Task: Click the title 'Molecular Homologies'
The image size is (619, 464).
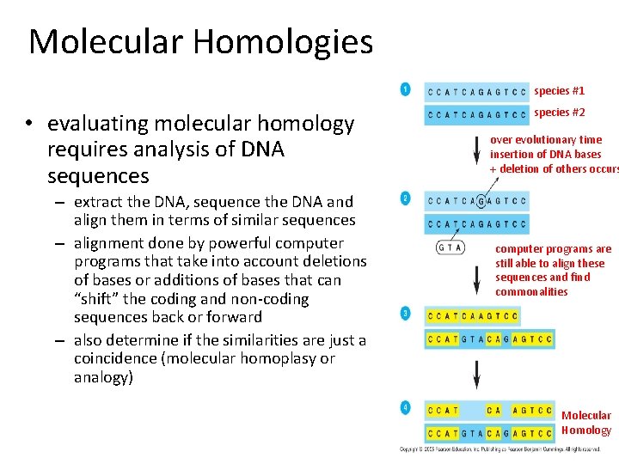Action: tap(200, 41)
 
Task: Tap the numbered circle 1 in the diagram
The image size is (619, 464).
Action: tap(405, 89)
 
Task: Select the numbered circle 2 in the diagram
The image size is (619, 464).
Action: tap(405, 198)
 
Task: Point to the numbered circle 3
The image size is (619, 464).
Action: tap(405, 312)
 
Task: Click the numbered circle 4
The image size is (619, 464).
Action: tap(405, 406)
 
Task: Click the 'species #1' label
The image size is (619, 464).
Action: tap(559, 90)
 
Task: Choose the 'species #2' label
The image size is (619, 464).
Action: tap(559, 113)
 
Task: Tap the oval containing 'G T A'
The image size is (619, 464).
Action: tap(450, 247)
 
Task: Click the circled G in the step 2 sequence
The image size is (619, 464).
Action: tap(481, 202)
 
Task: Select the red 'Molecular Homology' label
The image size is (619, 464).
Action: tap(585, 423)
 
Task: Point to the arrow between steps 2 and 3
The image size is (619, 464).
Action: tap(477, 277)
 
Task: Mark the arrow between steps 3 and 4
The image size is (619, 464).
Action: tap(477, 371)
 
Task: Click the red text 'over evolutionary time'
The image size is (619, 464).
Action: tap(546, 139)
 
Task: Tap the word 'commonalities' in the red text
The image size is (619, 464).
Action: tap(531, 292)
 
